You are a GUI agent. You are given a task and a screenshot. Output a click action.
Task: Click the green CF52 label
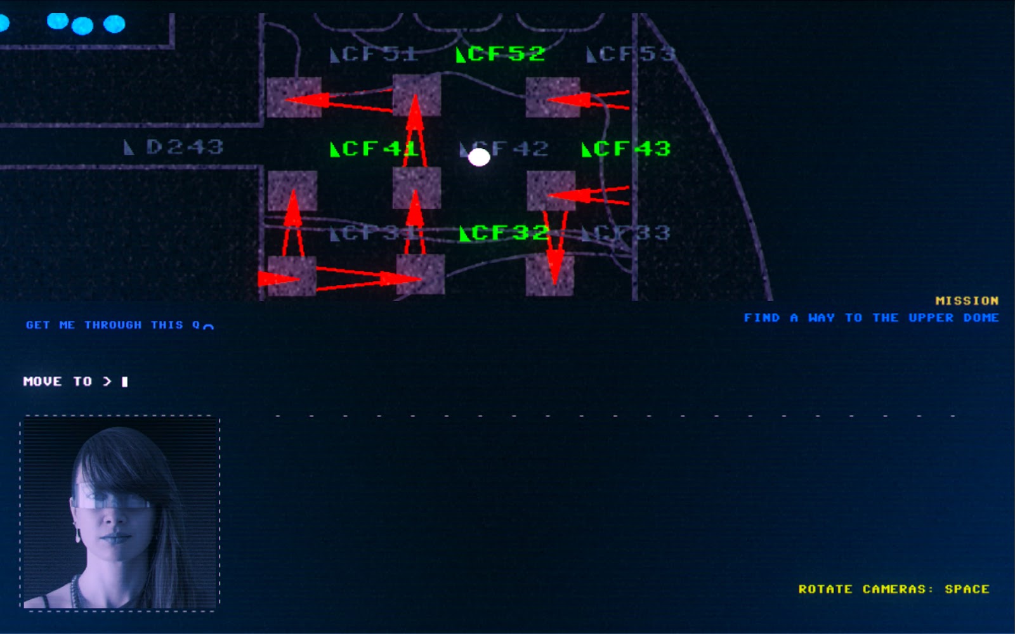[x=501, y=54]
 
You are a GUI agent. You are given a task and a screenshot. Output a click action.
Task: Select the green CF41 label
[x=374, y=149]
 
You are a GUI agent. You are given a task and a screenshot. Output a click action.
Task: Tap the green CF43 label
[x=626, y=149]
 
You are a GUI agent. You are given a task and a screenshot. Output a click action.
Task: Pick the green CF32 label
[x=504, y=233]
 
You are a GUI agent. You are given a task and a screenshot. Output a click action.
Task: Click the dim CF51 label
[x=374, y=55]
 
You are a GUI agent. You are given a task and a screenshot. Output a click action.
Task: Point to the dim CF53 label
[x=631, y=55]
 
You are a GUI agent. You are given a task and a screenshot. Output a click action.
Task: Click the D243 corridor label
[x=174, y=147]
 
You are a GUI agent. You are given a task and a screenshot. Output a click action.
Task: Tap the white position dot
[x=479, y=157]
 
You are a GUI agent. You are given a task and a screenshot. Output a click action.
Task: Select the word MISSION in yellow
[x=967, y=301]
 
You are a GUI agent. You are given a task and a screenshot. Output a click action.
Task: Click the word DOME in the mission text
[x=981, y=318]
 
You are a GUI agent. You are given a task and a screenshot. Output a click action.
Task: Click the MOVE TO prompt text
[x=58, y=381]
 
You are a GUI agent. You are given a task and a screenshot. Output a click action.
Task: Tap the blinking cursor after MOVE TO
[x=125, y=381]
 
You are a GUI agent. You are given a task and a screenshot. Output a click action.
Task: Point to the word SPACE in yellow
[x=967, y=589]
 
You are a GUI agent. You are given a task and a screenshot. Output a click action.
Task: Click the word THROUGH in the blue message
[x=113, y=325]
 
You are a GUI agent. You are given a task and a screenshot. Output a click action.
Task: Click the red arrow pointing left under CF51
[x=336, y=100]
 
